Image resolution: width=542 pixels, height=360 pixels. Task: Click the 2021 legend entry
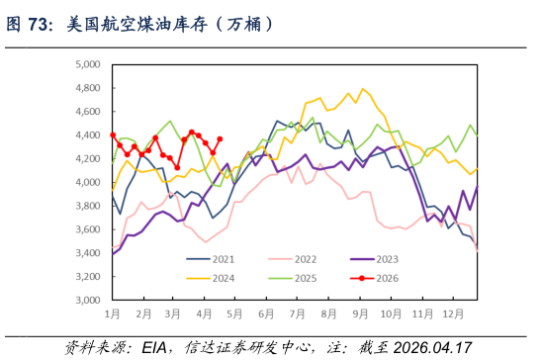(x=210, y=259)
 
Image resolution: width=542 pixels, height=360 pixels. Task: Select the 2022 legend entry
(x=293, y=259)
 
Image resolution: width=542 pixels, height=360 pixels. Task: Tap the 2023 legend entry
(x=374, y=259)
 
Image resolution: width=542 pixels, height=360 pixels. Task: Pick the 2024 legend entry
(x=210, y=278)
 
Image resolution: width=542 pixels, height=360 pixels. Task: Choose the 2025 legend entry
(x=293, y=278)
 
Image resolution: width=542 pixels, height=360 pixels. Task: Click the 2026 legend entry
(x=374, y=278)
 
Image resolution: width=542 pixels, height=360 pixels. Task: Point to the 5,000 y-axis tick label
(x=88, y=64)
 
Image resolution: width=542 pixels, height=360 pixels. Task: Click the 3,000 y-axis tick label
(x=88, y=300)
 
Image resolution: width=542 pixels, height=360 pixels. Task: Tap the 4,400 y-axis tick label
(x=88, y=135)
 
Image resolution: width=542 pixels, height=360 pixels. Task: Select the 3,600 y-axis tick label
(x=88, y=229)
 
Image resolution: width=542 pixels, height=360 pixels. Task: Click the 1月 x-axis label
(x=113, y=315)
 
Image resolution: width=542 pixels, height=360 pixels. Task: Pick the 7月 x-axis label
(x=298, y=315)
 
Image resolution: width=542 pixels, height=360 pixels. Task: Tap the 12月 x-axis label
(x=453, y=315)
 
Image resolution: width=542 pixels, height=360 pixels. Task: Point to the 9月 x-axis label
(x=360, y=315)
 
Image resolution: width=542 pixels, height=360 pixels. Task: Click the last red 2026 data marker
(x=220, y=139)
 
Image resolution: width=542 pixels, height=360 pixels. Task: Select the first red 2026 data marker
(x=113, y=135)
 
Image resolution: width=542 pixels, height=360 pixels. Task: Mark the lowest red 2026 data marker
(x=177, y=168)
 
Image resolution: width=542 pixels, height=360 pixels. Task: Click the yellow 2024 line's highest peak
(x=363, y=89)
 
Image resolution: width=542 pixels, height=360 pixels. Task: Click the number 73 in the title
(x=37, y=25)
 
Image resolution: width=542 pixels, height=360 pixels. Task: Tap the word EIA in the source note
(x=154, y=347)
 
